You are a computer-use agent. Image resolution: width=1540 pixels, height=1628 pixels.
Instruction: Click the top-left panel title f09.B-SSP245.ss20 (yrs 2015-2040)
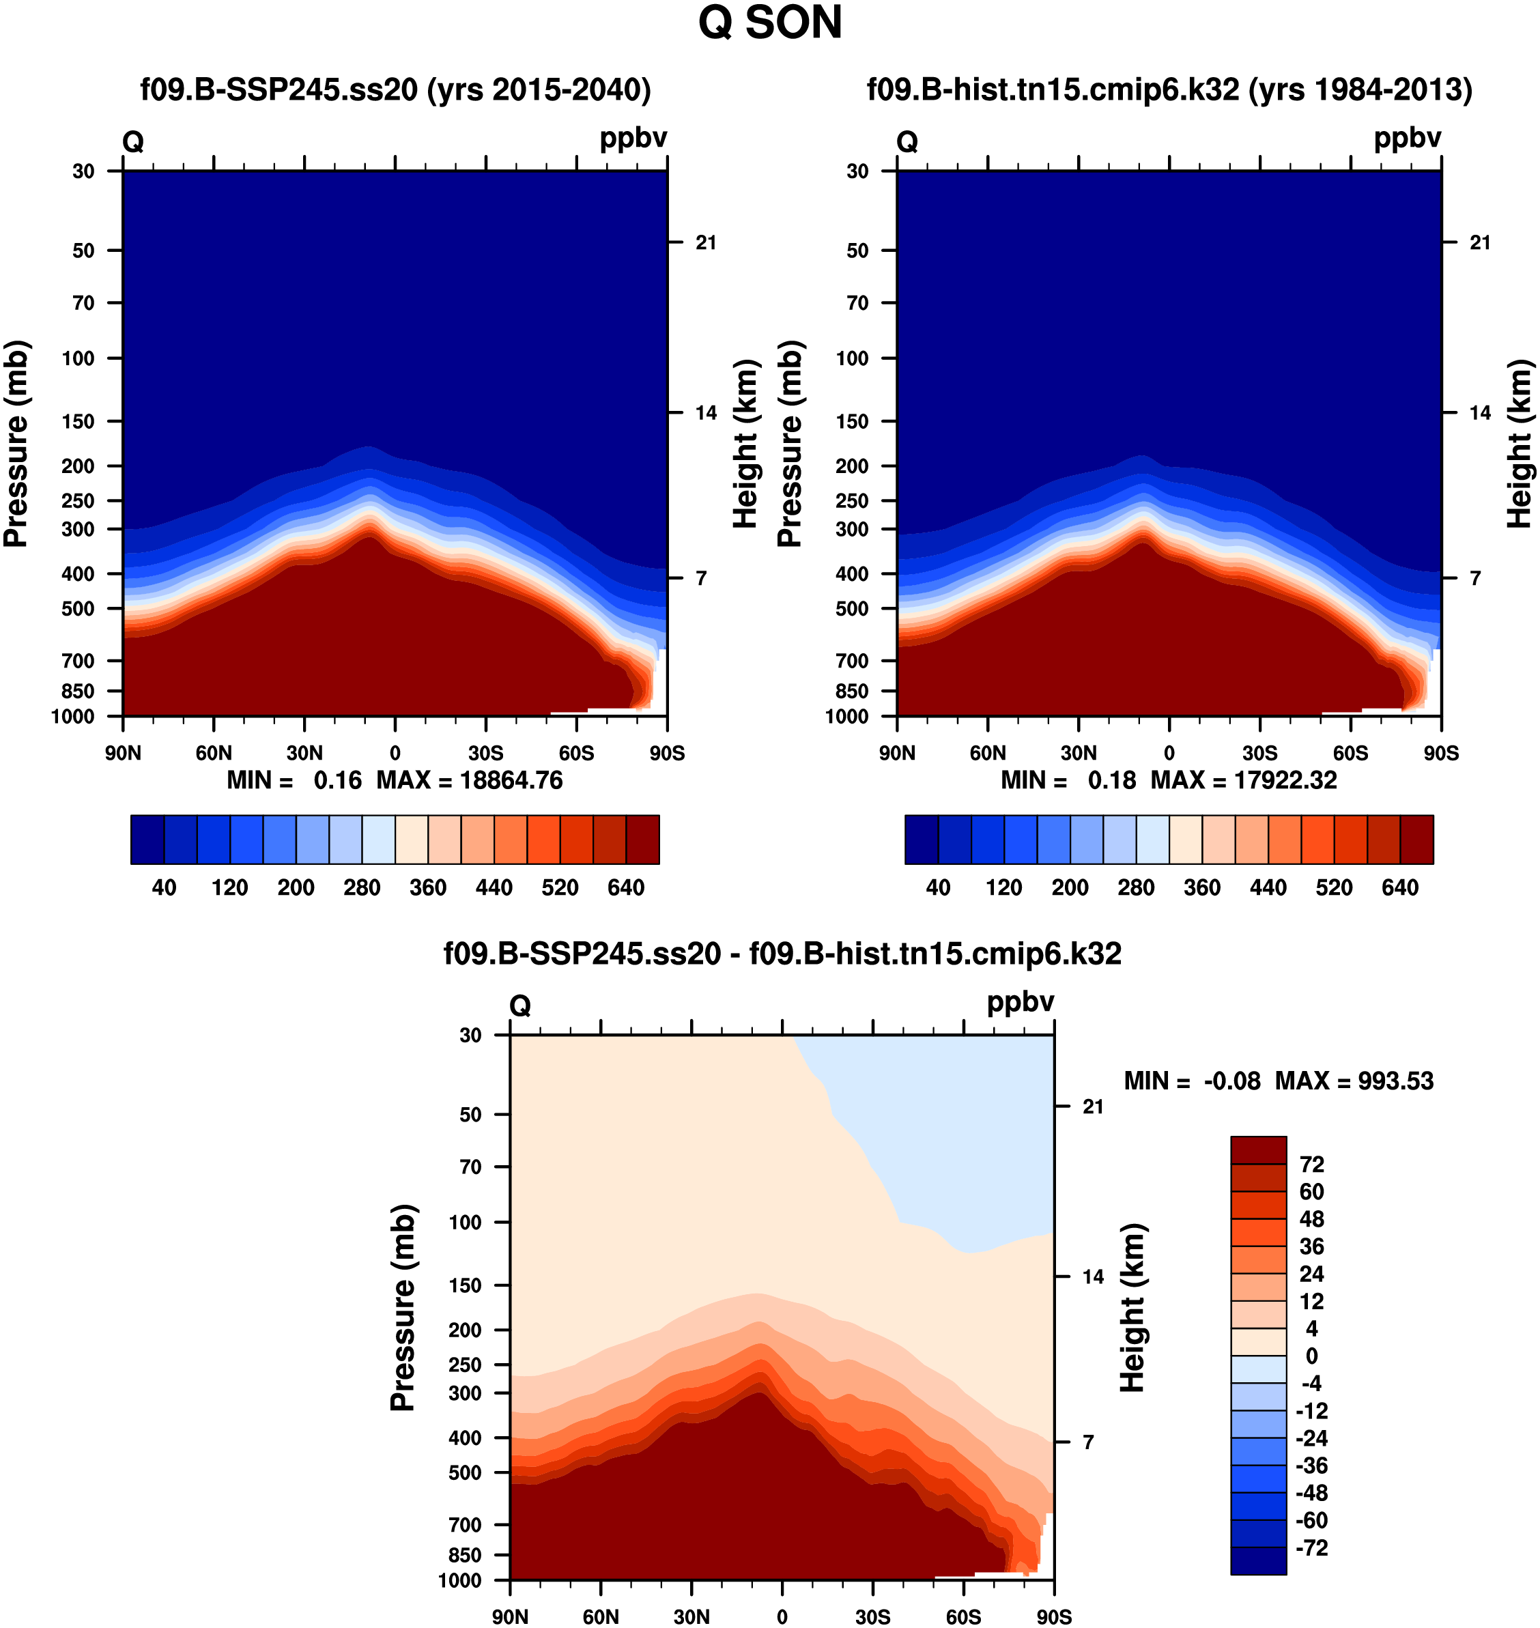[x=396, y=89]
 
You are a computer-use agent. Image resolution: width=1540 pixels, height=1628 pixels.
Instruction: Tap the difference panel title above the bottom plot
[x=782, y=953]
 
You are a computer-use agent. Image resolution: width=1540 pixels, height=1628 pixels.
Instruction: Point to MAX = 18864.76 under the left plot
[x=470, y=780]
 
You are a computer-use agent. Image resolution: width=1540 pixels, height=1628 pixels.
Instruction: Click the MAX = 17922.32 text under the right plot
[x=1244, y=780]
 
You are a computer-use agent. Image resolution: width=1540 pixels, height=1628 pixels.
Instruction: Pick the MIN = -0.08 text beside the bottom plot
[x=1192, y=1081]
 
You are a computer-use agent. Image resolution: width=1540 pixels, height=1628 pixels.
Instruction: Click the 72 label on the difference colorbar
[x=1311, y=1164]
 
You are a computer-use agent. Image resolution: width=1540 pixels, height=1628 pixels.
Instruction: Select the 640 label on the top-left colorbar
[x=625, y=887]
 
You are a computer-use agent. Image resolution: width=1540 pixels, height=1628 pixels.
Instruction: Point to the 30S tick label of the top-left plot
[x=486, y=754]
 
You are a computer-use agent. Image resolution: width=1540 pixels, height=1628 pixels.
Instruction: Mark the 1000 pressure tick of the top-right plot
[x=846, y=717]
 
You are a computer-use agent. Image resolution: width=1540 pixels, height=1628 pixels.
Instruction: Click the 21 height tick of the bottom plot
[x=1093, y=1106]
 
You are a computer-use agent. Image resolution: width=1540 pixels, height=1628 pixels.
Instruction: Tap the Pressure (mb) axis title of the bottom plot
[x=403, y=1307]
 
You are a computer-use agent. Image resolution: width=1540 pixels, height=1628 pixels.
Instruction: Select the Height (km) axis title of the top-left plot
[x=745, y=443]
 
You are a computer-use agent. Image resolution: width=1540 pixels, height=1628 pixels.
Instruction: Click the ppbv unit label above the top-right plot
[x=1407, y=138]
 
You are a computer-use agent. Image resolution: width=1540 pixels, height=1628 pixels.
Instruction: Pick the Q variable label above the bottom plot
[x=519, y=1005]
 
